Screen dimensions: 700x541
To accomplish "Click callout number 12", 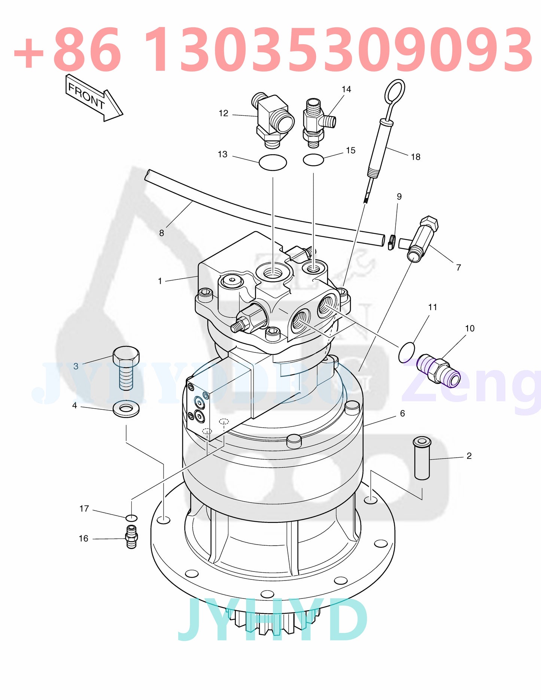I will (x=223, y=113).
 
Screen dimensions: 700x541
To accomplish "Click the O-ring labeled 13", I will (x=273, y=162).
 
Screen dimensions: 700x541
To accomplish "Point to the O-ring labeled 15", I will (x=313, y=160).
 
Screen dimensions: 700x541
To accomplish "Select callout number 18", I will (x=416, y=157).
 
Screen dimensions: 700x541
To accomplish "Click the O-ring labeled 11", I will (x=407, y=352).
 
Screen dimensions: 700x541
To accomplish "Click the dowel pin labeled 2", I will (x=422, y=458).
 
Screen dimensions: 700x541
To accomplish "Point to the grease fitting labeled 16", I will (x=131, y=537).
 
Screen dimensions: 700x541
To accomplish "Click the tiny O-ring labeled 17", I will (x=131, y=518).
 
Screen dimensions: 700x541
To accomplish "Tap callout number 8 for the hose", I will (x=161, y=233).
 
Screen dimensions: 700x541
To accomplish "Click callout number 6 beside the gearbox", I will (x=402, y=413).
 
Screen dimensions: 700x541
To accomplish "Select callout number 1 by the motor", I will (x=160, y=281).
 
